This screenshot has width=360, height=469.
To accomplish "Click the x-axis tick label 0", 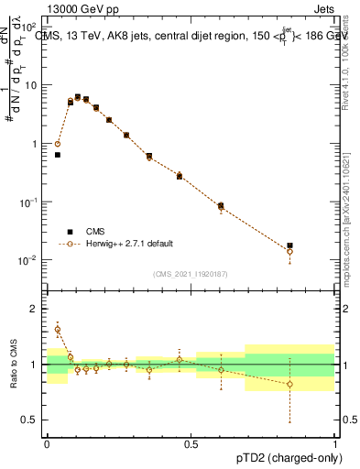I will [47, 443].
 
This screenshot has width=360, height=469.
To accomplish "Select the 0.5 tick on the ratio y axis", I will [31, 420].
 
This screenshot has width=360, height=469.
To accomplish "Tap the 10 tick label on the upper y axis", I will [28, 85].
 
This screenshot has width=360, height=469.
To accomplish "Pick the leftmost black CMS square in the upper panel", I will [58, 155].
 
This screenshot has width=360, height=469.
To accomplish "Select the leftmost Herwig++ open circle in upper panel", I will [58, 144].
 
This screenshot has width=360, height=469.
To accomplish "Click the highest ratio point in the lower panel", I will [58, 330].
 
